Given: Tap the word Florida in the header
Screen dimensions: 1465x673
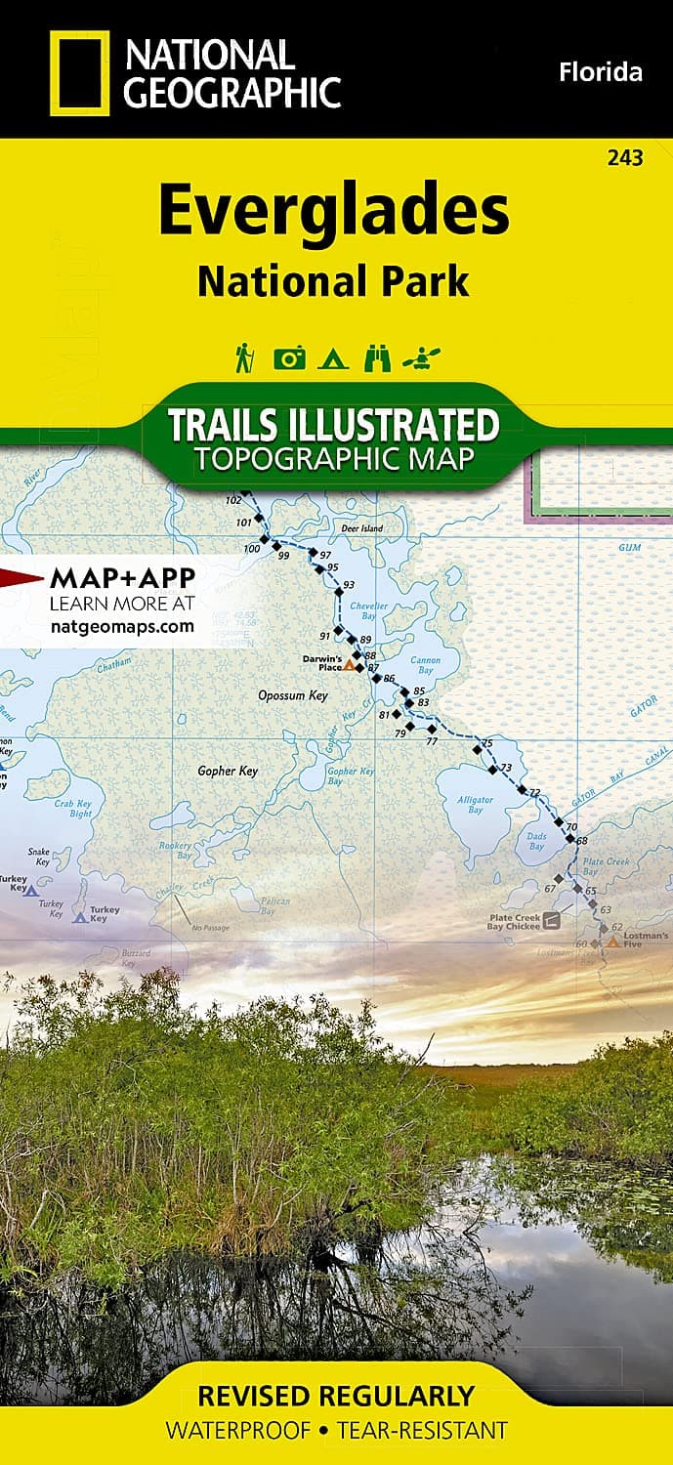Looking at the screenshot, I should pos(600,71).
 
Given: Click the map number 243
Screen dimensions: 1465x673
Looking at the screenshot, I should pos(624,158).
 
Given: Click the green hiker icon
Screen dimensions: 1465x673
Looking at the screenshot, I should pos(243,358).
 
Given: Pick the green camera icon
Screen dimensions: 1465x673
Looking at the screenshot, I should pos(289,358).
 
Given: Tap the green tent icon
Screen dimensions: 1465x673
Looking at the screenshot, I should pos(332,358).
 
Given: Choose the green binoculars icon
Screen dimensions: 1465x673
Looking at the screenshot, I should pos(377,358).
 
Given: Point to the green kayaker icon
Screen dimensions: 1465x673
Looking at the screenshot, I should pos(426,358).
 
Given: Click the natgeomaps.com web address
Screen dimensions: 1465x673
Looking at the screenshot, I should pos(122,627).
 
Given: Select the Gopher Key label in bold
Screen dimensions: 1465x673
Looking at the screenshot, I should pos(228,771).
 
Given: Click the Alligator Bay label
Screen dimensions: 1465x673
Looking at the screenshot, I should pos(476,804).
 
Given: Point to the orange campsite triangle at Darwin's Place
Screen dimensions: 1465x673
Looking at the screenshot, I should pos(349,665).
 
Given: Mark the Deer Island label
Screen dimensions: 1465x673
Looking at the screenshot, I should pos(361,528).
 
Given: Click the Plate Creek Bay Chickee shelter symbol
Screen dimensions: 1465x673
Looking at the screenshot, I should pos(553,920).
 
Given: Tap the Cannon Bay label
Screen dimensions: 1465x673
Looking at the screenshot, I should pos(425,665).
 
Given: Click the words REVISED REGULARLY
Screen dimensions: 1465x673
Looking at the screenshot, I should pos(335,1396).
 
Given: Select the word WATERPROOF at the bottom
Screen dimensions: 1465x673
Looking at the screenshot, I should pos(238,1431).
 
